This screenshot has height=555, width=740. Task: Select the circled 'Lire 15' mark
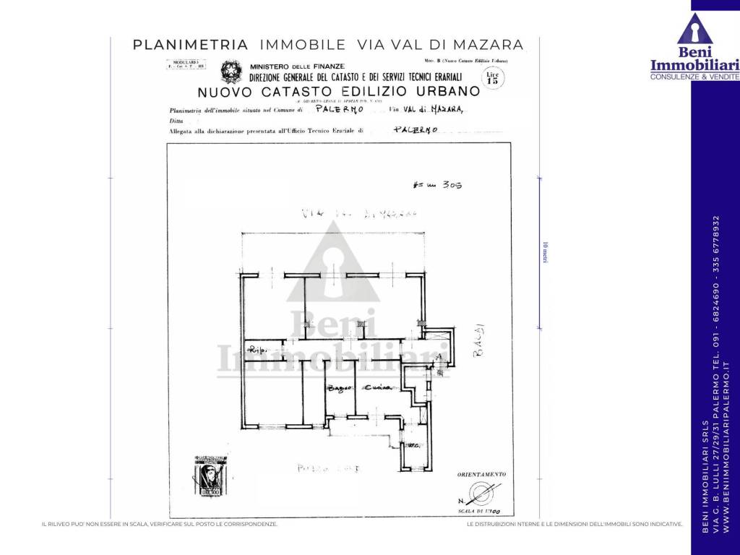[x=493, y=77]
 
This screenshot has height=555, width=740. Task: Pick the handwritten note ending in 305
[x=435, y=185]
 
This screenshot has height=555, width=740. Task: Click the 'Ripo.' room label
[x=258, y=351]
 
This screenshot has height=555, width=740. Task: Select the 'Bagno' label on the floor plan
[x=337, y=389]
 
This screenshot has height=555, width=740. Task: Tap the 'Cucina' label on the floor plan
[x=377, y=388]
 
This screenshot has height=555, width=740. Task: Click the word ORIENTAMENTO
[x=481, y=474]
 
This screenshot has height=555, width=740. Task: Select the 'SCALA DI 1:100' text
[x=489, y=511]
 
